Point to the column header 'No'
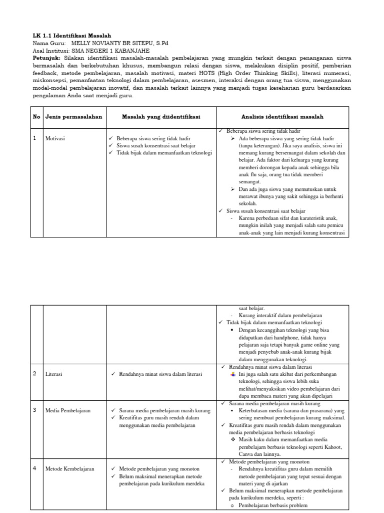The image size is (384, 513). pyautogui.click(x=36, y=117)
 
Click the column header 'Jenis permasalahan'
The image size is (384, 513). pyautogui.click(x=73, y=117)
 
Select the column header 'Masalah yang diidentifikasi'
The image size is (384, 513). pyautogui.click(x=160, y=117)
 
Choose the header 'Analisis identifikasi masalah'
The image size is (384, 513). pyautogui.click(x=282, y=117)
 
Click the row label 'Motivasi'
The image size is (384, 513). pyautogui.click(x=56, y=138)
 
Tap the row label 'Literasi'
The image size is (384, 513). pyautogui.click(x=55, y=374)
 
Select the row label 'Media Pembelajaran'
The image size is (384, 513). pyautogui.click(x=68, y=410)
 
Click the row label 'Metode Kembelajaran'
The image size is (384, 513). pyautogui.click(x=69, y=469)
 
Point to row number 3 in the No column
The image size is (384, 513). pyautogui.click(x=35, y=410)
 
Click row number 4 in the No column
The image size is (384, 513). pyautogui.click(x=35, y=468)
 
